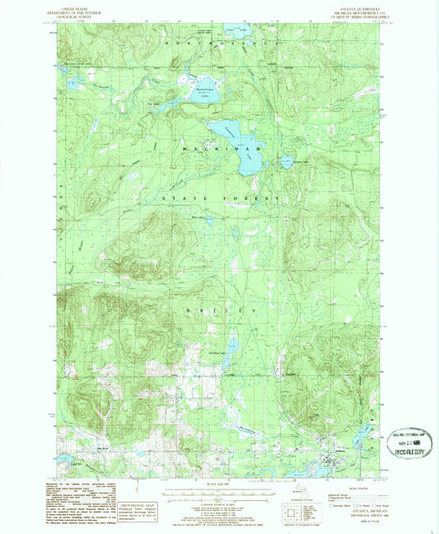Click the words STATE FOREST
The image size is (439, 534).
[216, 199]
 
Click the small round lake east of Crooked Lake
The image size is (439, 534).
[287, 162]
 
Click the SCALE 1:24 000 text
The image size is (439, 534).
[218, 481]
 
